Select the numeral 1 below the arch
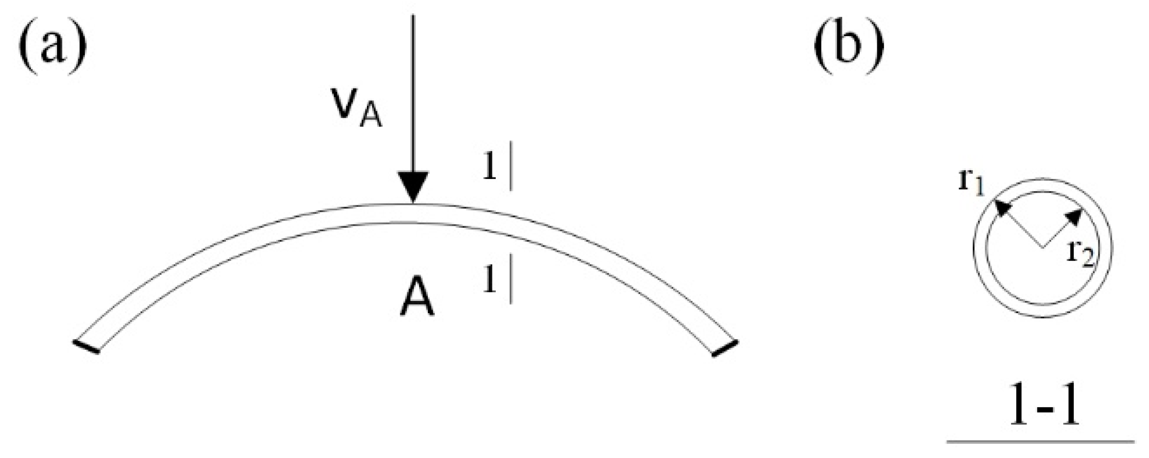tap(489, 279)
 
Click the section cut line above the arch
tap(510, 166)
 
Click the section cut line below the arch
tap(510, 279)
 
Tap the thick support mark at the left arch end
tap(86, 346)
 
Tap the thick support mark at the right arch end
tap(725, 348)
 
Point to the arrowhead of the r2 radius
tap(1075, 217)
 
